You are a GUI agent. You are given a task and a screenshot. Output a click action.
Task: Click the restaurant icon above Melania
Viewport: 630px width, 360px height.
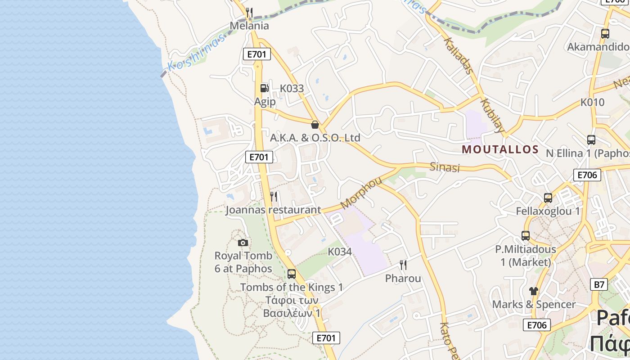(x=249, y=12)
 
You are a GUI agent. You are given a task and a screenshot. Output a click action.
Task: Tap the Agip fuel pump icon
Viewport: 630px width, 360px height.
(x=264, y=88)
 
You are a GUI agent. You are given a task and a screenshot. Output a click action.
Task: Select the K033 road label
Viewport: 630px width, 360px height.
(x=292, y=89)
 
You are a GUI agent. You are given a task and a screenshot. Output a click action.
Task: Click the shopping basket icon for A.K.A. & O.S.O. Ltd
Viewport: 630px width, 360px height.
(x=315, y=125)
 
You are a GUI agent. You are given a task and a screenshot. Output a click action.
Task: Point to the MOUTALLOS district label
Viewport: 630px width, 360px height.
(x=500, y=149)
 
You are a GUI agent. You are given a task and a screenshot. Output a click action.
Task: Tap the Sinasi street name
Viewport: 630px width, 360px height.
(x=445, y=167)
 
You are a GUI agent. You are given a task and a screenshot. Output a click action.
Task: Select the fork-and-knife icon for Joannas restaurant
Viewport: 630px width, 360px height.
(x=274, y=196)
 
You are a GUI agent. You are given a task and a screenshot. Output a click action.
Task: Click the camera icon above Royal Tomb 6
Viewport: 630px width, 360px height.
(x=243, y=243)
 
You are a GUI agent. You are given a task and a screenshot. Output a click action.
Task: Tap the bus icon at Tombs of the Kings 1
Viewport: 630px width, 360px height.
(x=292, y=274)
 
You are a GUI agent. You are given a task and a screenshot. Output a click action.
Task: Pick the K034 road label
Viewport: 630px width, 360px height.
(x=340, y=252)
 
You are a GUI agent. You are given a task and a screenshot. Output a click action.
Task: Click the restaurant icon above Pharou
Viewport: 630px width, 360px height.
(x=403, y=265)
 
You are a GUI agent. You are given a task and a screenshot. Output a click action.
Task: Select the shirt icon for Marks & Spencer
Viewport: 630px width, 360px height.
(x=534, y=291)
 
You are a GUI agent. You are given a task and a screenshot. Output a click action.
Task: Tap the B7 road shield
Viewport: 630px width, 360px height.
(x=599, y=284)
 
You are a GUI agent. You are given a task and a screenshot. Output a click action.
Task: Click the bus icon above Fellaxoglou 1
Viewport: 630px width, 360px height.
(x=548, y=198)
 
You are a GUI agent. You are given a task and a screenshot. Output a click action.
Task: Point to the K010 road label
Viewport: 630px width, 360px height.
(x=592, y=102)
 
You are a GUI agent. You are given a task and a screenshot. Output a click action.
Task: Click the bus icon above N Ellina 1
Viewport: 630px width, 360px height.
(x=591, y=140)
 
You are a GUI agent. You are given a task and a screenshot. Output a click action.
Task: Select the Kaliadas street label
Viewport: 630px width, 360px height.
(x=459, y=55)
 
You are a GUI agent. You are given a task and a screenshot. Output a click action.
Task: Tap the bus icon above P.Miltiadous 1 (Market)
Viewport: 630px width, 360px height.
(x=526, y=235)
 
